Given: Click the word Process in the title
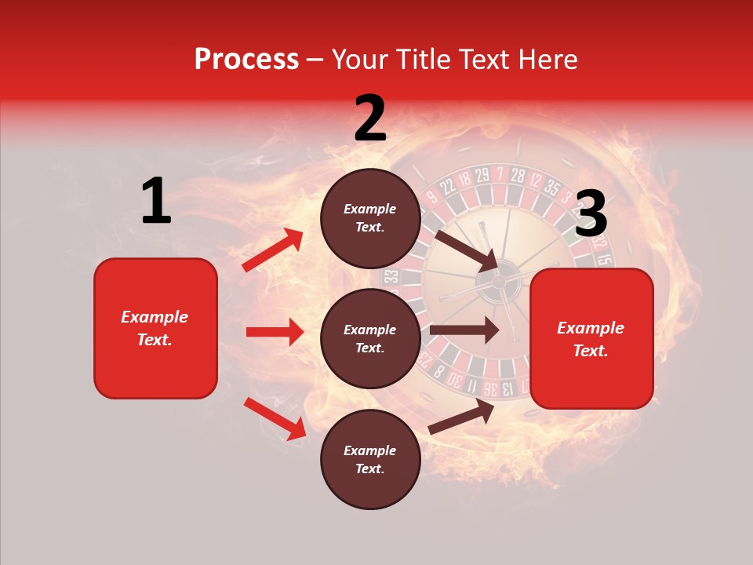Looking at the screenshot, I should [x=246, y=60].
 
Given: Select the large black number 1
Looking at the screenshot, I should [x=156, y=202].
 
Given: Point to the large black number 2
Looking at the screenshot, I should [x=370, y=118].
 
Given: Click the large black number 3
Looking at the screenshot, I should [x=591, y=214].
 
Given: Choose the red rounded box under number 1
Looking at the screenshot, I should [x=155, y=328].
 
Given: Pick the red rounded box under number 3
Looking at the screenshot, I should [x=591, y=339].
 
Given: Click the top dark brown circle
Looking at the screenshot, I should [x=370, y=218].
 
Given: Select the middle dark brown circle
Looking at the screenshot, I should [x=370, y=338].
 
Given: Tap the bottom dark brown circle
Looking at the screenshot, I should [x=370, y=459].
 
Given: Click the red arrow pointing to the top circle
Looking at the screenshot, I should [x=273, y=250].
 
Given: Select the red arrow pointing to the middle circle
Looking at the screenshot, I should [x=275, y=332].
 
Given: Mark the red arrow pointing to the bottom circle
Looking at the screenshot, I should [x=275, y=417].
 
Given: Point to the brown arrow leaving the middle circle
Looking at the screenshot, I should [x=464, y=330].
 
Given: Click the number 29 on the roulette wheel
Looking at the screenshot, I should [x=482, y=174].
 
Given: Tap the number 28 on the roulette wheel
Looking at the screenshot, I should [x=517, y=174].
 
